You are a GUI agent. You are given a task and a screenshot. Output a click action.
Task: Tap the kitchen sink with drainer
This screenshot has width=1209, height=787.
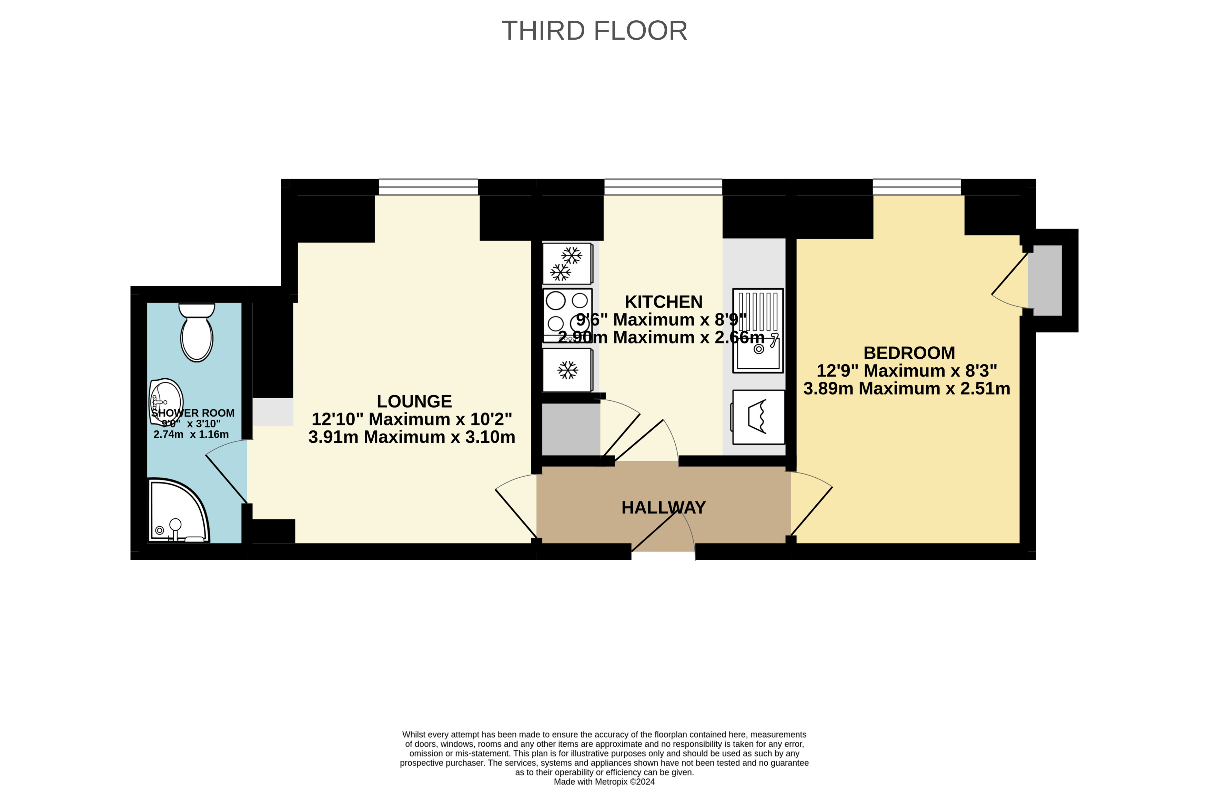[x=758, y=331]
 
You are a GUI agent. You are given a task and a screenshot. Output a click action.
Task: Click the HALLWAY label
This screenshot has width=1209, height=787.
[x=663, y=508]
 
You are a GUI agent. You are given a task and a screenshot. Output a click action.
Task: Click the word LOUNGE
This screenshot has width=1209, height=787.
[x=414, y=401]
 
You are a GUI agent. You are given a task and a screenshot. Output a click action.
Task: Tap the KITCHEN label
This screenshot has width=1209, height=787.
[x=663, y=302]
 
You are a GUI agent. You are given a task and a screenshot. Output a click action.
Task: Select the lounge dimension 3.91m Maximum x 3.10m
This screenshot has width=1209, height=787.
[x=412, y=437]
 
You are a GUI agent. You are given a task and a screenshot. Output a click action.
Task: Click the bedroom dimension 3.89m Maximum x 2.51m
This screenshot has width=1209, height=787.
[x=907, y=389]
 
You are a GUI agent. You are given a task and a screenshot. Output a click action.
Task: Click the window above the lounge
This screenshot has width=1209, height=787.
[x=428, y=187]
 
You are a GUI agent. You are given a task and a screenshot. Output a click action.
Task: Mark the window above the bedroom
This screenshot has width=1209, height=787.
[x=917, y=187]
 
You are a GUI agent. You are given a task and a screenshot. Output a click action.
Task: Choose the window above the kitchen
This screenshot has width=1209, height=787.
[x=663, y=187]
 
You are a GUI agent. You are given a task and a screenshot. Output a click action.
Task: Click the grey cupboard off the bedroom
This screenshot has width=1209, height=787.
[x=1045, y=280]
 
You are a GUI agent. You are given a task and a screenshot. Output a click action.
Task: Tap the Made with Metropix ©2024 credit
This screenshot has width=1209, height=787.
[x=604, y=781]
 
